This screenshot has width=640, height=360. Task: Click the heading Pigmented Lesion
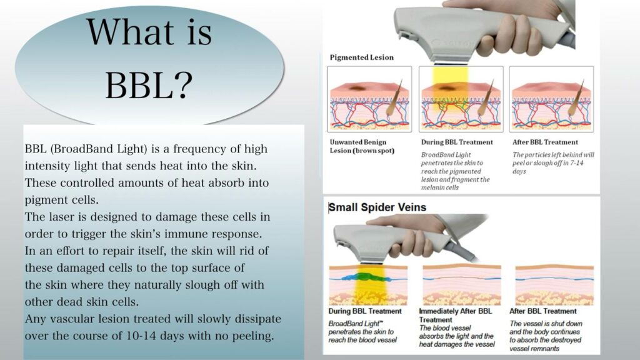click(362, 57)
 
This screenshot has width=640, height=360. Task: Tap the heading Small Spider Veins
click(377, 207)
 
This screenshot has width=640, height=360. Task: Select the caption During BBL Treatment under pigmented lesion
click(457, 142)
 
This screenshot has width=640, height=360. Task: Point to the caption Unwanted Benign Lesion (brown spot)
click(362, 146)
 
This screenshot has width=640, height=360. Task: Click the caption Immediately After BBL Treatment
click(456, 315)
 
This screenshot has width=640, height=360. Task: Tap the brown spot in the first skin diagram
click(359, 87)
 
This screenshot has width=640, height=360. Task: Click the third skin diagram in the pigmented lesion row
click(551, 99)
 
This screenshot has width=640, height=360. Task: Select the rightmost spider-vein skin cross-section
click(554, 285)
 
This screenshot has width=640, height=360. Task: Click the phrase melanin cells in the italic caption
click(440, 187)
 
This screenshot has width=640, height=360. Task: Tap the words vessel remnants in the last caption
click(534, 349)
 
